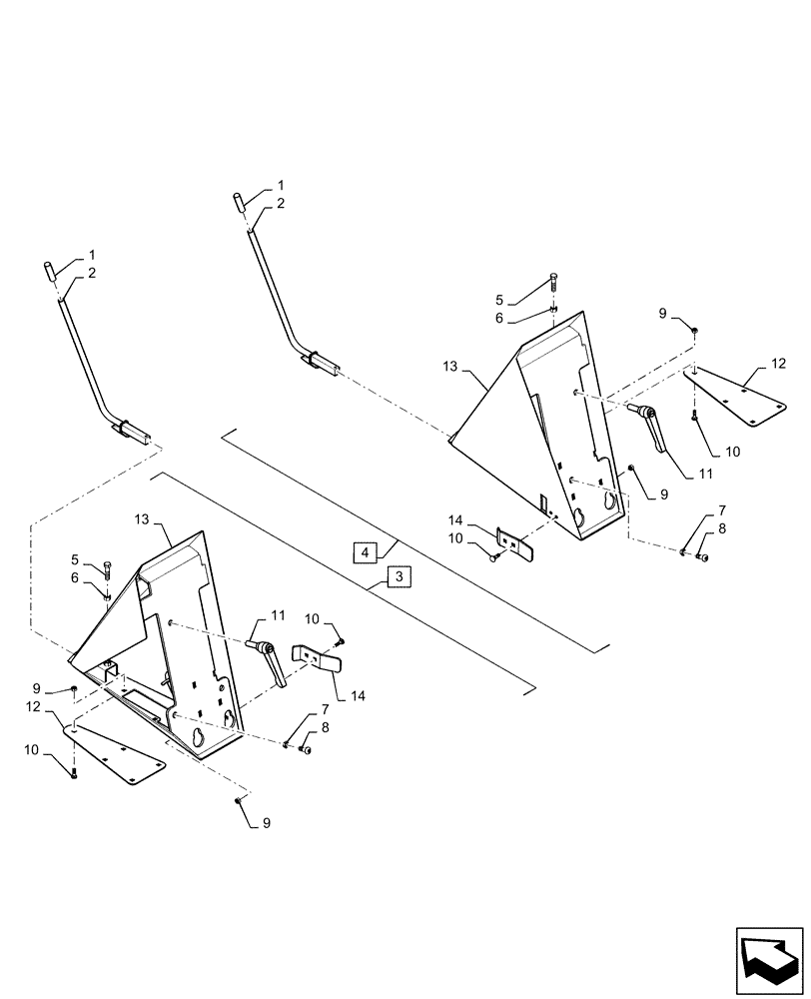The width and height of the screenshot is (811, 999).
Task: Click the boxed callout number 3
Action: pos(398,578)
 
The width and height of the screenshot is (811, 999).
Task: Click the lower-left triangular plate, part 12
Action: pos(117,753)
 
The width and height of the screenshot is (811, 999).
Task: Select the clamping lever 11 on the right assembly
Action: pos(652,427)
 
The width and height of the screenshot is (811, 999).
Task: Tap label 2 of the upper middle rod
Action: pos(281,203)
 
